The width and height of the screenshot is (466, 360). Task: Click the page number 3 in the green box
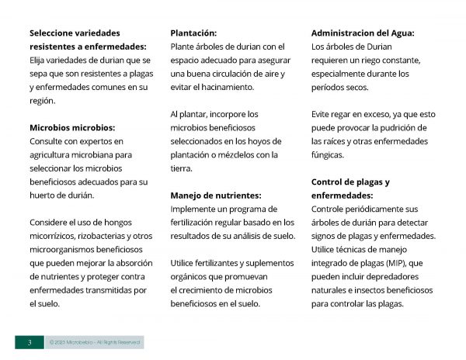click(30, 341)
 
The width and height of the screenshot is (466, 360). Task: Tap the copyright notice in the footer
click(92, 341)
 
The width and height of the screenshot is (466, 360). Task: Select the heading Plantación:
click(193, 33)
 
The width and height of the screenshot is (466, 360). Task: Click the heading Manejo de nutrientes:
click(215, 196)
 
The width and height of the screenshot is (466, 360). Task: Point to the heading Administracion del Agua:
click(363, 33)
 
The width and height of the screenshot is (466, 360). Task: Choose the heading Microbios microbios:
click(71, 127)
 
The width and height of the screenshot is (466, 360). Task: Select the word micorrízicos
click(56, 236)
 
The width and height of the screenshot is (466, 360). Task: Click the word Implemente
click(196, 209)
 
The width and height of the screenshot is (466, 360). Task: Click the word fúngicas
click(329, 154)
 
